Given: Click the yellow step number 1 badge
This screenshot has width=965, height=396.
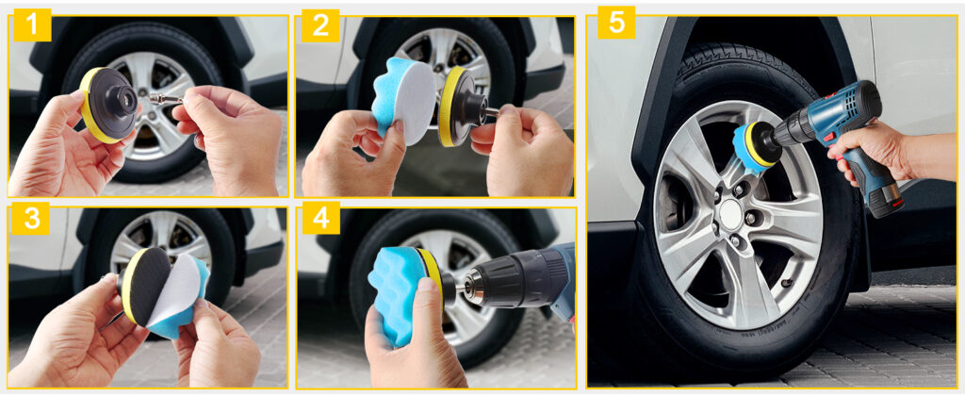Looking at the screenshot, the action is [x=32, y=25].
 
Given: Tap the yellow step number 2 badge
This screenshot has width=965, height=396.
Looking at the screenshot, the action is [x=320, y=25].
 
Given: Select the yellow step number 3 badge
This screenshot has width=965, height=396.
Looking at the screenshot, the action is [x=30, y=218].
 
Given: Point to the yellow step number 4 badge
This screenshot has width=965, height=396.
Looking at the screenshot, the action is [x=320, y=218].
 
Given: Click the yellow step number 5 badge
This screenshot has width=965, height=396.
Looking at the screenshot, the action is [x=616, y=23].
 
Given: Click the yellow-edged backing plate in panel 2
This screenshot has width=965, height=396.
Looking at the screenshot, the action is [x=458, y=107].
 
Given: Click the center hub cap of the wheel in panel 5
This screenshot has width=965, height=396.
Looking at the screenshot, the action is [x=730, y=213].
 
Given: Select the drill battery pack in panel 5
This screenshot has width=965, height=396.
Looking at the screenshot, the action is [x=882, y=198].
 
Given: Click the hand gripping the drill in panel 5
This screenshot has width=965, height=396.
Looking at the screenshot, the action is [x=861, y=151].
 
